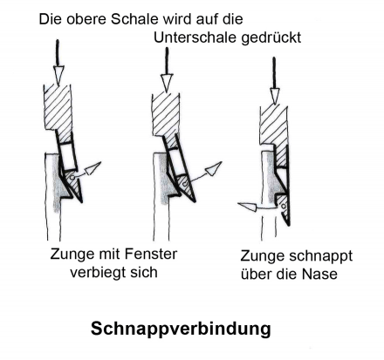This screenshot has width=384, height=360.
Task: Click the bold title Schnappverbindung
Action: tap(181, 329)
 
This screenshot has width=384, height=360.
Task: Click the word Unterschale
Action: tap(195, 37)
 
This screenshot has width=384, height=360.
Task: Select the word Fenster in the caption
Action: tap(150, 254)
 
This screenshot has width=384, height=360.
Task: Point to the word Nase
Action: tap(319, 274)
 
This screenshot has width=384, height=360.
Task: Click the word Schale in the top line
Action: tap(134, 19)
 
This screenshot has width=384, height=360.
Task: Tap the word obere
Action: tap(86, 19)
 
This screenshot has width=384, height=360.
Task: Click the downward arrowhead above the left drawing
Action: tap(58, 75)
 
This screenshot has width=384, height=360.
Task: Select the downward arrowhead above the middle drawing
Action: tap(167, 83)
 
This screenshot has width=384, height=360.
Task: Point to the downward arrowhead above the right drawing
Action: tap(274, 95)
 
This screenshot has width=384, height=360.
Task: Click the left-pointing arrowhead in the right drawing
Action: tap(247, 207)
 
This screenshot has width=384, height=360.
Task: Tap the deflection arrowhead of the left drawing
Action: tap(93, 168)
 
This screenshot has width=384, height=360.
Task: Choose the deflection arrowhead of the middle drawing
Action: tap(214, 168)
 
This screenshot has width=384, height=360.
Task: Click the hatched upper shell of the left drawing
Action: tap(58, 107)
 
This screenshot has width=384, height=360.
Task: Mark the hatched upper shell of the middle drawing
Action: tap(166, 115)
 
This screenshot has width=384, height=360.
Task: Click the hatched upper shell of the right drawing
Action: tap(274, 125)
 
